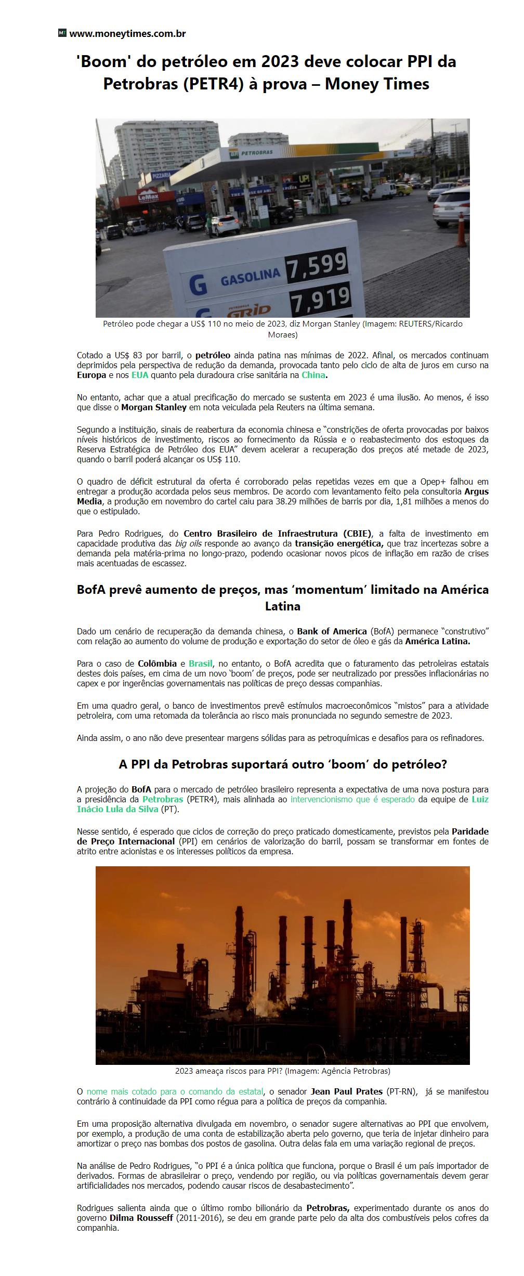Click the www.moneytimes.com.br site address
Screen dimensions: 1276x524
127,34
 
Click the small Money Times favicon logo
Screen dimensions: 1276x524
62,33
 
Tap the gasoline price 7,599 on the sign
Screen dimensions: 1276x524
317,264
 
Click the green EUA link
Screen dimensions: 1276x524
140,375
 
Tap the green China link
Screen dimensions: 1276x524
313,375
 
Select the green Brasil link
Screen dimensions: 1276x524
201,663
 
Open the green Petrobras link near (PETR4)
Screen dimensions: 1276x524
163,799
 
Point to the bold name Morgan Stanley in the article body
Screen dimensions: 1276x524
153,407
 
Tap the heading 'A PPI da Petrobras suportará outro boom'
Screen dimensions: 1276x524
283,765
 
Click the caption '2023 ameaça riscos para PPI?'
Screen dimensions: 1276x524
282,1071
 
